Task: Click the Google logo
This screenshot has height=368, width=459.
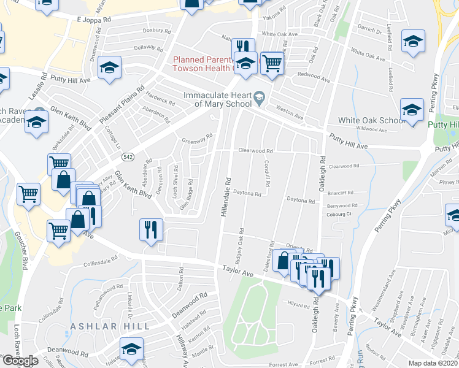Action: [20, 361]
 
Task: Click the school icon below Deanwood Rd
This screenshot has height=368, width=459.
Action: [131, 348]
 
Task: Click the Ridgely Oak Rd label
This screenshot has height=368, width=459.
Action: [242, 243]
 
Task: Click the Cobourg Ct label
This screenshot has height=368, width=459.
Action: [339, 214]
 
